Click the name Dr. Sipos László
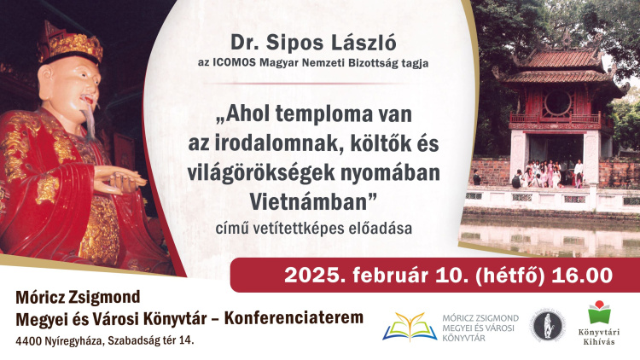pos(313,43)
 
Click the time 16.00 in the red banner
pos(582,275)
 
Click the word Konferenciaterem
pos(294,318)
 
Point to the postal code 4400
pos(27,341)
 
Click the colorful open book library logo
pos(410,327)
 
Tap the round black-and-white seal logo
pos(548,326)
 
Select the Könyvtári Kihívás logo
pos(599,322)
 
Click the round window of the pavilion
pos(557,102)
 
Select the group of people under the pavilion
pos(547,174)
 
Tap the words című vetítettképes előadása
pos(313,229)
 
